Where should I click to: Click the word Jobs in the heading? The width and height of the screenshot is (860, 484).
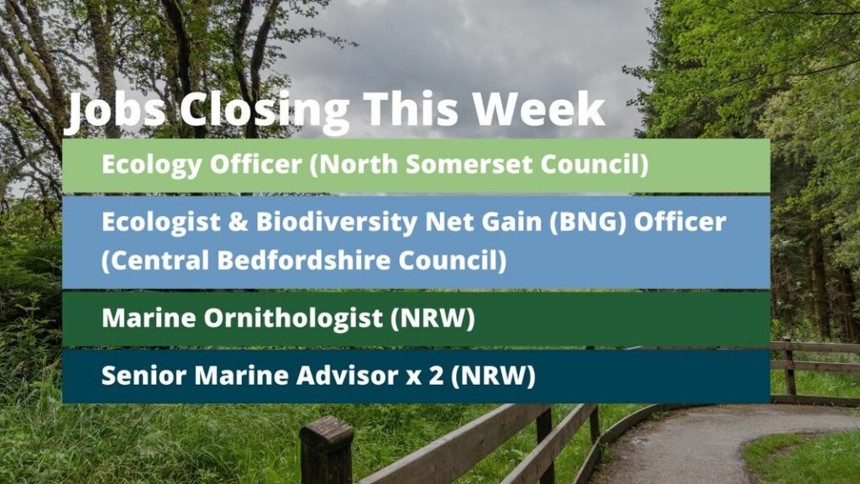point(116,110)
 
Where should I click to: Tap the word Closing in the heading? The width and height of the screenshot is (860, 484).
point(265,110)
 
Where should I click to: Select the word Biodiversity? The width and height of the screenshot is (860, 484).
point(336,223)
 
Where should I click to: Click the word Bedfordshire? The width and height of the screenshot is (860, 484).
point(303,260)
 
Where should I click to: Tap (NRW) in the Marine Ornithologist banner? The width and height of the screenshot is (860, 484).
point(433,318)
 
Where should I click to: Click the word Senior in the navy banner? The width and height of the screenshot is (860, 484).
point(144,376)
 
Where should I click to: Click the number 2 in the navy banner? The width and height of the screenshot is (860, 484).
point(436,376)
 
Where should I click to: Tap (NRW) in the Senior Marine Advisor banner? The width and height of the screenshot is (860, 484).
point(493,376)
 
